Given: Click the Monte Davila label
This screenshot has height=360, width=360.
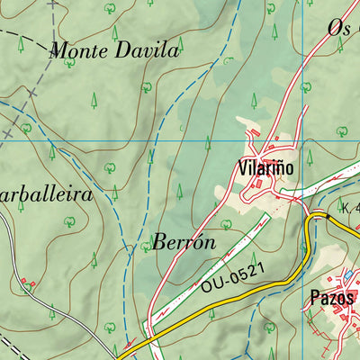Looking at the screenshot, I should click(114, 50).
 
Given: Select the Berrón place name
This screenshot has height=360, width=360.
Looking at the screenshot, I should click(184, 242).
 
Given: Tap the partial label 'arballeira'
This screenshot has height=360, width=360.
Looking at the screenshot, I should click(47, 193).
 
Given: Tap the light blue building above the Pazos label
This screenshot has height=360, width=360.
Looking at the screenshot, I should click(347, 274).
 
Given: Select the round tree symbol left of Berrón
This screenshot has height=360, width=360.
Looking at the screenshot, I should click(144, 245).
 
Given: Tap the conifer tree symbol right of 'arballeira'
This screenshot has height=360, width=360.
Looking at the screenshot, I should click(115, 191).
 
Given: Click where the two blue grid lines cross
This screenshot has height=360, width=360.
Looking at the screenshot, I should click(304, 141).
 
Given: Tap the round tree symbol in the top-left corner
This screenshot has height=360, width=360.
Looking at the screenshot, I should click(110, 8).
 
